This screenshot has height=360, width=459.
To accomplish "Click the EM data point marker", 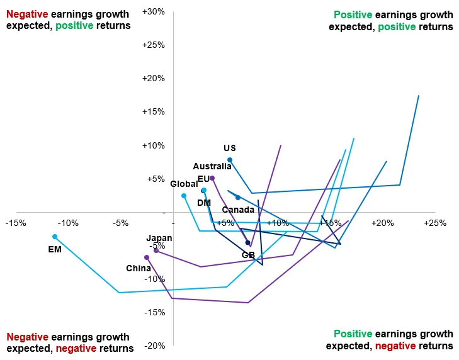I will (x=55, y=237).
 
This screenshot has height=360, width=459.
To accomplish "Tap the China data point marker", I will (x=147, y=257).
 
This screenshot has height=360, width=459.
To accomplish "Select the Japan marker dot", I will (x=156, y=250).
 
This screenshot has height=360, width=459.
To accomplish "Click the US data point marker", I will (x=230, y=160).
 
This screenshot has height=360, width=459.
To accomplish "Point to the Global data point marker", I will (x=184, y=196).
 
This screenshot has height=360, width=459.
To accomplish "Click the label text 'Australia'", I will (x=212, y=167).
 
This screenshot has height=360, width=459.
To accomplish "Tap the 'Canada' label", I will (x=239, y=210).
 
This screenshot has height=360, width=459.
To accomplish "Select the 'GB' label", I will (x=248, y=255).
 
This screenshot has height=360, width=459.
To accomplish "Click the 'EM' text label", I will (x=55, y=249).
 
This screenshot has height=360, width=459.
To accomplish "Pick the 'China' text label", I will (x=139, y=268).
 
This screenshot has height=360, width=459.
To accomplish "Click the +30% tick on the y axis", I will (x=154, y=12).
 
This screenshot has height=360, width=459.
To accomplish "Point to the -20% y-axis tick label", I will (x=155, y=346).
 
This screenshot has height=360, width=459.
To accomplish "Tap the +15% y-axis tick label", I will (x=154, y=112).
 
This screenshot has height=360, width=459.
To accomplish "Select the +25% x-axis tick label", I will (x=434, y=223).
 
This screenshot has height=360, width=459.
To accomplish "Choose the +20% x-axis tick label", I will (x=382, y=223).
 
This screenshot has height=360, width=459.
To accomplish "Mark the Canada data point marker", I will (x=238, y=198).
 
